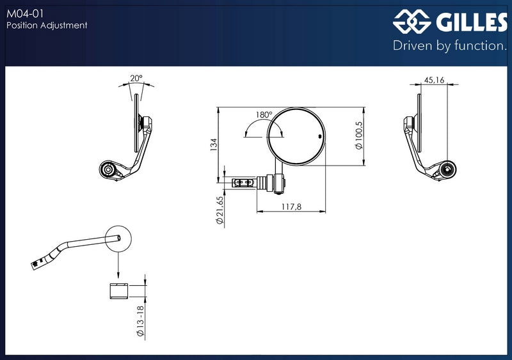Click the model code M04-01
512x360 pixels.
click(25, 13)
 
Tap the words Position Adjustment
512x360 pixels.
click(47, 25)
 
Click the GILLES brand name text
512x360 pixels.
click(472, 22)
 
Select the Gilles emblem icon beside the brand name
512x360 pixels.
click(412, 22)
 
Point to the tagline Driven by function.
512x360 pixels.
click(450, 45)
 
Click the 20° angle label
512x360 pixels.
click(136, 79)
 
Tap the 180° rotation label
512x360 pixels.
click(264, 115)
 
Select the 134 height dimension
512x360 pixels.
click(214, 145)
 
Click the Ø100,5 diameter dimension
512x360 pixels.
click(359, 135)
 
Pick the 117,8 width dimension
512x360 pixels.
click(292, 207)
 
